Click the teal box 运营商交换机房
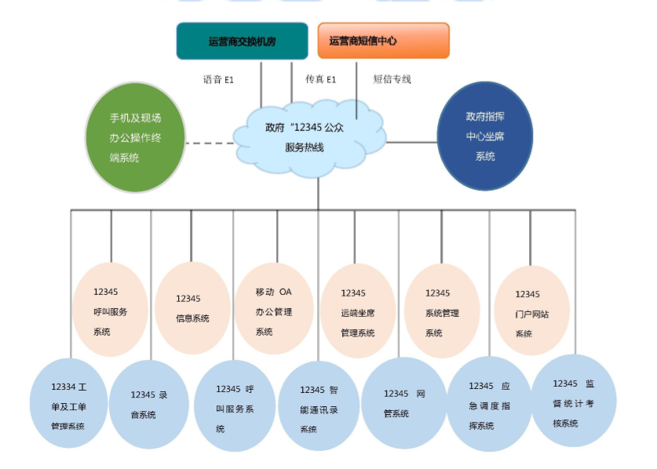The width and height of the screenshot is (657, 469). tap(242, 41)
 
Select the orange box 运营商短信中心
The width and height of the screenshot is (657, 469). tap(383, 41)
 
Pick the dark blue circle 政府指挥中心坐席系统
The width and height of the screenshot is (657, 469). tap(484, 136)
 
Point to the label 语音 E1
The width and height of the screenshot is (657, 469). tap(218, 79)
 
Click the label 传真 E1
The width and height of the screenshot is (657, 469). tap(320, 79)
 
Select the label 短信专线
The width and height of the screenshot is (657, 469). tap(392, 79)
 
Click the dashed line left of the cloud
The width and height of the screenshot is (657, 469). tap(210, 143)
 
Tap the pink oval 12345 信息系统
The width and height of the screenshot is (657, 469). tap(192, 309)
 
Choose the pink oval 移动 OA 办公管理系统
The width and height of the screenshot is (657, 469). tap(273, 311)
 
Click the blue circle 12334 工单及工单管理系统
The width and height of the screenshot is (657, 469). tap(68, 405)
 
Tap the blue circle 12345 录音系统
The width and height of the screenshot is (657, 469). tap(149, 405)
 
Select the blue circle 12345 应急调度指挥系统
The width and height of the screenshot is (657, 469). tap(489, 405)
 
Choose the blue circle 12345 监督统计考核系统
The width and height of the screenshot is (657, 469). tap(572, 402)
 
